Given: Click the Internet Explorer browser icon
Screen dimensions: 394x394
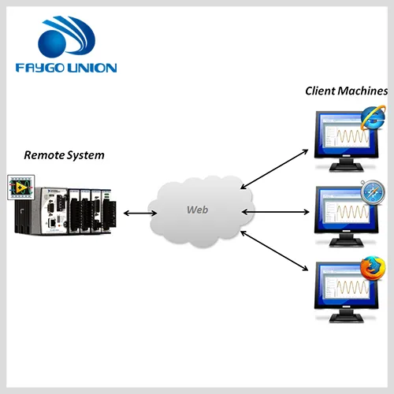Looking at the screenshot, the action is [x=374, y=118].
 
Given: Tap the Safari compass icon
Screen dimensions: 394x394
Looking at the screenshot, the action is [x=373, y=192].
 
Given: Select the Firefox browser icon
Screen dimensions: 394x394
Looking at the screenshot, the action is [x=373, y=269].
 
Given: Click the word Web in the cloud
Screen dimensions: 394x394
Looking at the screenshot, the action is [x=198, y=210].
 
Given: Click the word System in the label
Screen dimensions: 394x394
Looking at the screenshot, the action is [x=84, y=155].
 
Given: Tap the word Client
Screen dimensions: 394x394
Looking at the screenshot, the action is [x=320, y=91].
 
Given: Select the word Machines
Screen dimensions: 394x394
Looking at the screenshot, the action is [x=362, y=91].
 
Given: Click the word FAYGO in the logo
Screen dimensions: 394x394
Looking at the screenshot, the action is [x=40, y=68].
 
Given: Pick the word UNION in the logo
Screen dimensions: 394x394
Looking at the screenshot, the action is [x=92, y=68].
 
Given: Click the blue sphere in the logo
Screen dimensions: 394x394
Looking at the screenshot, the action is [x=52, y=43].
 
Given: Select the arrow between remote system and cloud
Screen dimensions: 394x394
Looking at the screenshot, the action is [x=140, y=213].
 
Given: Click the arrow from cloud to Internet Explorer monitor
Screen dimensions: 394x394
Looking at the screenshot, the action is [x=274, y=169].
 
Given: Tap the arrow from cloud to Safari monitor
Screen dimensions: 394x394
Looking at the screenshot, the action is [x=275, y=212].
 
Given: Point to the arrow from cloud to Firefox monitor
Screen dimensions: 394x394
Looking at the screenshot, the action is [x=274, y=251].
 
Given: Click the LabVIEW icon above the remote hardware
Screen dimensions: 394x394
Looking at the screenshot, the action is [x=21, y=188].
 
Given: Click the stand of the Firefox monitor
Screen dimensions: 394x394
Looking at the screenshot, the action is [x=347, y=315].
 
